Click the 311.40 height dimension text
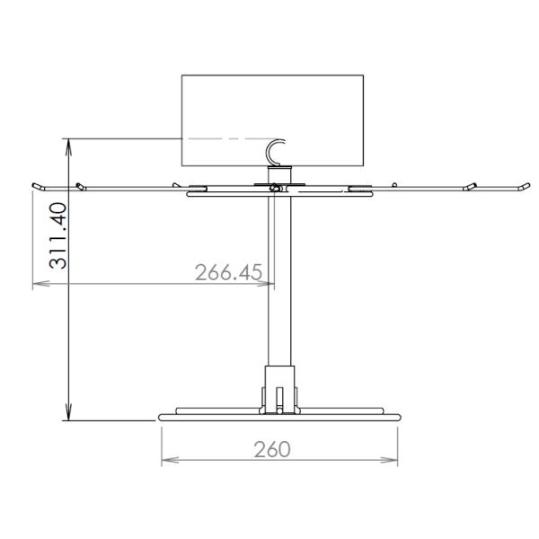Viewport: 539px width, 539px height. click(x=57, y=235)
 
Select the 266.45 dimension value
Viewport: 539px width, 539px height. click(x=228, y=272)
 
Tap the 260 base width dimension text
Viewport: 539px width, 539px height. click(x=271, y=449)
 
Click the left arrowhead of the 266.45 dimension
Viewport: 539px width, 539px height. click(x=38, y=286)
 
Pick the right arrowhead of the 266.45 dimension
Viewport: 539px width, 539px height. click(x=268, y=286)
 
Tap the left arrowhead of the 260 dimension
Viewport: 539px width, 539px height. click(x=166, y=462)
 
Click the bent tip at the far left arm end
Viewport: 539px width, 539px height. click(x=35, y=186)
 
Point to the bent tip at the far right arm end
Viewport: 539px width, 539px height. click(x=522, y=186)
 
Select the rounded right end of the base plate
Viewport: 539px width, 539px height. click(x=396, y=416)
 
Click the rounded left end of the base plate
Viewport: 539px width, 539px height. click(x=162, y=416)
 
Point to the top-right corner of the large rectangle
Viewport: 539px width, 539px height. click(x=364, y=75)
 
